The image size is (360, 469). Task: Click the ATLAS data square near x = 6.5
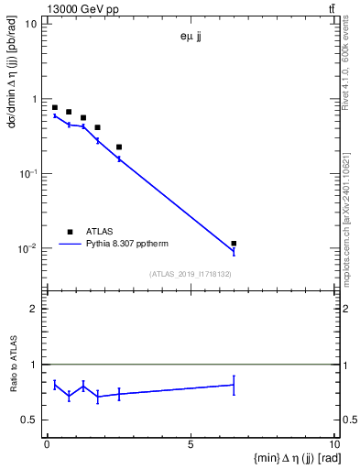(235, 244)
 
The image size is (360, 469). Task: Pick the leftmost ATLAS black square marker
(55, 107)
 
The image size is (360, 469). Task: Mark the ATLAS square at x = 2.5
(119, 147)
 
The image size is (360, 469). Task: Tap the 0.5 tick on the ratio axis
(31, 420)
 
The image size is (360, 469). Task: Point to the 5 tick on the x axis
(191, 444)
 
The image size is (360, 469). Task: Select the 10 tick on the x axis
(333, 444)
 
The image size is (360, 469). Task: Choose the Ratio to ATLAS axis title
(13, 388)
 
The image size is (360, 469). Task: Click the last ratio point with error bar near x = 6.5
(235, 385)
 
